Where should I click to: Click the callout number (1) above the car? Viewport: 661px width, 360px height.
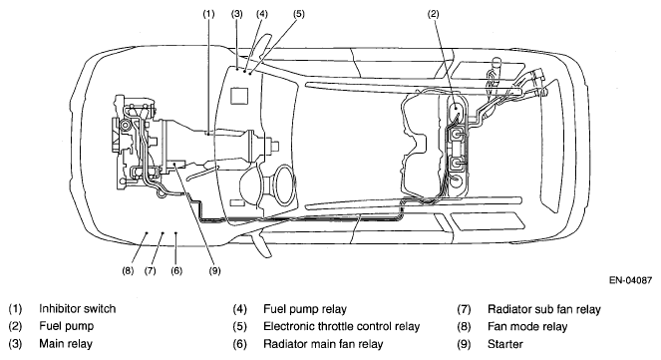pyautogui.click(x=208, y=14)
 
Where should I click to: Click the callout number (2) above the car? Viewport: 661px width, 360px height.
pyautogui.click(x=434, y=14)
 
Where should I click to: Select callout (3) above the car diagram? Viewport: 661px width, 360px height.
pyautogui.click(x=237, y=14)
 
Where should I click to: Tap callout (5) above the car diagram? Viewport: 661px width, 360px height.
pyautogui.click(x=298, y=14)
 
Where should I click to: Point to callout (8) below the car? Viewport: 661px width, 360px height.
pyautogui.click(x=128, y=270)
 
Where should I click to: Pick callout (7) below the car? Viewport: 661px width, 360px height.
pyautogui.click(x=151, y=270)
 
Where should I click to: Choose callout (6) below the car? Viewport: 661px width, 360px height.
pyautogui.click(x=176, y=270)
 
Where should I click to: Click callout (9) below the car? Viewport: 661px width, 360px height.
pyautogui.click(x=214, y=270)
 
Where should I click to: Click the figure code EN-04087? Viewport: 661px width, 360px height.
pyautogui.click(x=631, y=280)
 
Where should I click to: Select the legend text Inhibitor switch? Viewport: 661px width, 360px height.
pyautogui.click(x=77, y=309)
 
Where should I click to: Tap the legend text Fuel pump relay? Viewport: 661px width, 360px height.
pyautogui.click(x=305, y=309)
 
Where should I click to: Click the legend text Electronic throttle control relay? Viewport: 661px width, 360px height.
pyautogui.click(x=341, y=327)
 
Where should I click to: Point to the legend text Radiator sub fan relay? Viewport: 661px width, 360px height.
pyautogui.click(x=543, y=309)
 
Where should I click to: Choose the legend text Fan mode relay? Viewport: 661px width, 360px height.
pyautogui.click(x=527, y=327)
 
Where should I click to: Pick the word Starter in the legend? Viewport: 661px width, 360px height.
pyautogui.click(x=505, y=344)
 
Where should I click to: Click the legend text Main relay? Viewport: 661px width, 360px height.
pyautogui.click(x=66, y=344)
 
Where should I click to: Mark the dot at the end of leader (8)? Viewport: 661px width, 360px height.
pyautogui.click(x=147, y=232)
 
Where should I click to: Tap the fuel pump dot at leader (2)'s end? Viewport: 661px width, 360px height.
pyautogui.click(x=456, y=107)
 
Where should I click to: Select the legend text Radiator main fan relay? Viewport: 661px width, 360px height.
pyautogui.click(x=323, y=344)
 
